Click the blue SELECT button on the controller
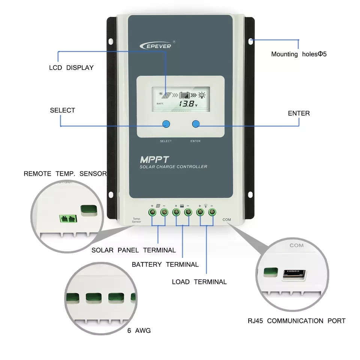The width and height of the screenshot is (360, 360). [166, 124]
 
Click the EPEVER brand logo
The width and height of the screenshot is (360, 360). [155, 46]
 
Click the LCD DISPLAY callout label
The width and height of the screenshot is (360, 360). [71, 68]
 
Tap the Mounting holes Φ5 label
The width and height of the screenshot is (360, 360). [299, 54]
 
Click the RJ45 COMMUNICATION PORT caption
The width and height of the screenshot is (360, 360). [296, 321]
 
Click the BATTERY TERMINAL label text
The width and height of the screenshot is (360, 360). [165, 264]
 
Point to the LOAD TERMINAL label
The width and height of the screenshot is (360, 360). [199, 282]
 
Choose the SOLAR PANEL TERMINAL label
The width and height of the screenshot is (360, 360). [133, 250]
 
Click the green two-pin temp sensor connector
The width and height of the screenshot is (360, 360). [67, 218]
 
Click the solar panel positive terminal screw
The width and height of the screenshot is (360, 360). [153, 213]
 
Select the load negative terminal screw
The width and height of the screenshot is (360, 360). [211, 213]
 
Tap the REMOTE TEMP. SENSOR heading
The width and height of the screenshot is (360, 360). [65, 174]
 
